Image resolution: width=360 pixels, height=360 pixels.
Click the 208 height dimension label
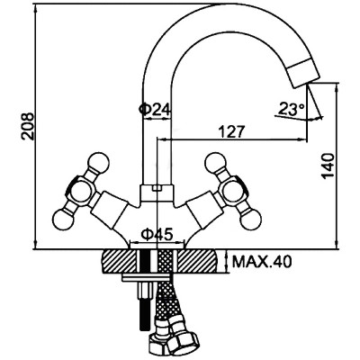click(28, 126)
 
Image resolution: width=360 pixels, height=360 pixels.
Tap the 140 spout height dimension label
click(328, 166)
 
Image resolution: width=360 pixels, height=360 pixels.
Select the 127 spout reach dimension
click(231, 131)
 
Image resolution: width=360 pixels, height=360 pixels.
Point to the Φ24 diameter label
click(155, 109)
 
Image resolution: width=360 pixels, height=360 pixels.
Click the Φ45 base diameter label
click(157, 234)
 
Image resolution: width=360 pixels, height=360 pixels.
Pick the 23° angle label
click(292, 109)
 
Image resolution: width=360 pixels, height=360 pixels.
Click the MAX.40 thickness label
click(262, 263)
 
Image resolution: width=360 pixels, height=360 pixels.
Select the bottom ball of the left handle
click(63, 219)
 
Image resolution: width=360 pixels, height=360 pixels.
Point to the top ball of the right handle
click(216, 164)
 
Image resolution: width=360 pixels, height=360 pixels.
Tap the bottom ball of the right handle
click(250, 219)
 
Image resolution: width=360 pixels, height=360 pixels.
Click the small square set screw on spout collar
click(157, 188)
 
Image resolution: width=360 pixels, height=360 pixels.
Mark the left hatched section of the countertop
click(119, 261)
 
